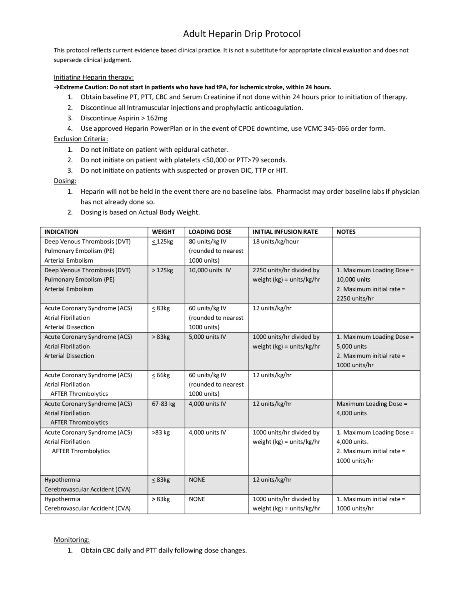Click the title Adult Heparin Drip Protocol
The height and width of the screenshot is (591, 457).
[242, 34]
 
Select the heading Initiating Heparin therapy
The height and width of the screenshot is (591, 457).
[94, 77]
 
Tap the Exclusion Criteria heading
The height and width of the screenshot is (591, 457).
[81, 139]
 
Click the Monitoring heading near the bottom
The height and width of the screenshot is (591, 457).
[71, 539]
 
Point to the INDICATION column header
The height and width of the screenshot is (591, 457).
[61, 232]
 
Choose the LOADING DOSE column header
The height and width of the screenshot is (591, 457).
[210, 232]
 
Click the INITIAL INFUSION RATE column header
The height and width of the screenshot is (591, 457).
[285, 232]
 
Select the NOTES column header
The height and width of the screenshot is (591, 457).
[346, 232]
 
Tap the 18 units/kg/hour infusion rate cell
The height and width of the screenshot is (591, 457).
[275, 242]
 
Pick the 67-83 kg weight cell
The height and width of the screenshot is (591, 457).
[164, 404]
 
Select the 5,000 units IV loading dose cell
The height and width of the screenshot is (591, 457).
[207, 337]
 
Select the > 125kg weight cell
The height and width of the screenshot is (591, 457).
[162, 270]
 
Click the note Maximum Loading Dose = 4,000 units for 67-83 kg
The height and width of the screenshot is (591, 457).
[371, 408]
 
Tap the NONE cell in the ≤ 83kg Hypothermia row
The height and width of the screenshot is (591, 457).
[197, 480]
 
